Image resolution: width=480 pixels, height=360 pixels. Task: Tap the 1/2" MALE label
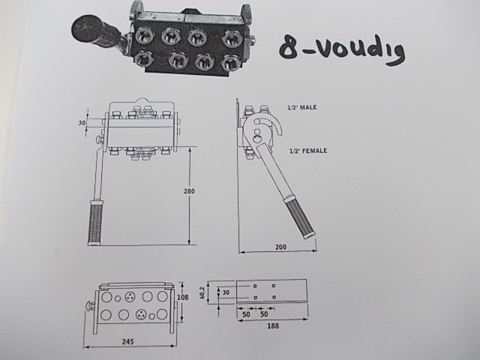pos(301,107)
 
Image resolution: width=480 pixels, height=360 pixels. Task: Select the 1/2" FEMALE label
pos(308,151)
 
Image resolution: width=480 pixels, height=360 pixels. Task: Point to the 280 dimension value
pos(189,191)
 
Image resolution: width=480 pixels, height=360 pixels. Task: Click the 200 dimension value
pos(280,247)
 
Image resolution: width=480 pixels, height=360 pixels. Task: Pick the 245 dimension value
pos(127,341)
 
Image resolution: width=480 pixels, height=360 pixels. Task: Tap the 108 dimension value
pos(183,297)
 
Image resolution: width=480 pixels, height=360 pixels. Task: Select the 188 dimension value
pos(273,325)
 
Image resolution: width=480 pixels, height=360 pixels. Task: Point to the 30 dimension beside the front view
pos(82,123)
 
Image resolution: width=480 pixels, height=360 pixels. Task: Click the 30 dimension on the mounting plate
pos(226,292)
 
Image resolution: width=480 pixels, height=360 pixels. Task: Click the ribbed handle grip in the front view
pos(95,222)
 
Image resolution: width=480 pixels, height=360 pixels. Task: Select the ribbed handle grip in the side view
pos(301,218)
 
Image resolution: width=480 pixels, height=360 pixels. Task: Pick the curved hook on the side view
pos(277,125)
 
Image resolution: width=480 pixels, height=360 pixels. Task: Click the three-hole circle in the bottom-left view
pos(130,296)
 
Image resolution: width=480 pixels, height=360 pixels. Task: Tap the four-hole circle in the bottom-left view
pos(141,314)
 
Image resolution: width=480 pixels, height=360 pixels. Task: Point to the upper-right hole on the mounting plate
pos(273,286)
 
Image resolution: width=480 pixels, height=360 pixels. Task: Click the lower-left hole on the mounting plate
pos(255,297)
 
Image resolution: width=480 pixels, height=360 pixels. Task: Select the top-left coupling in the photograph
pos(143,35)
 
